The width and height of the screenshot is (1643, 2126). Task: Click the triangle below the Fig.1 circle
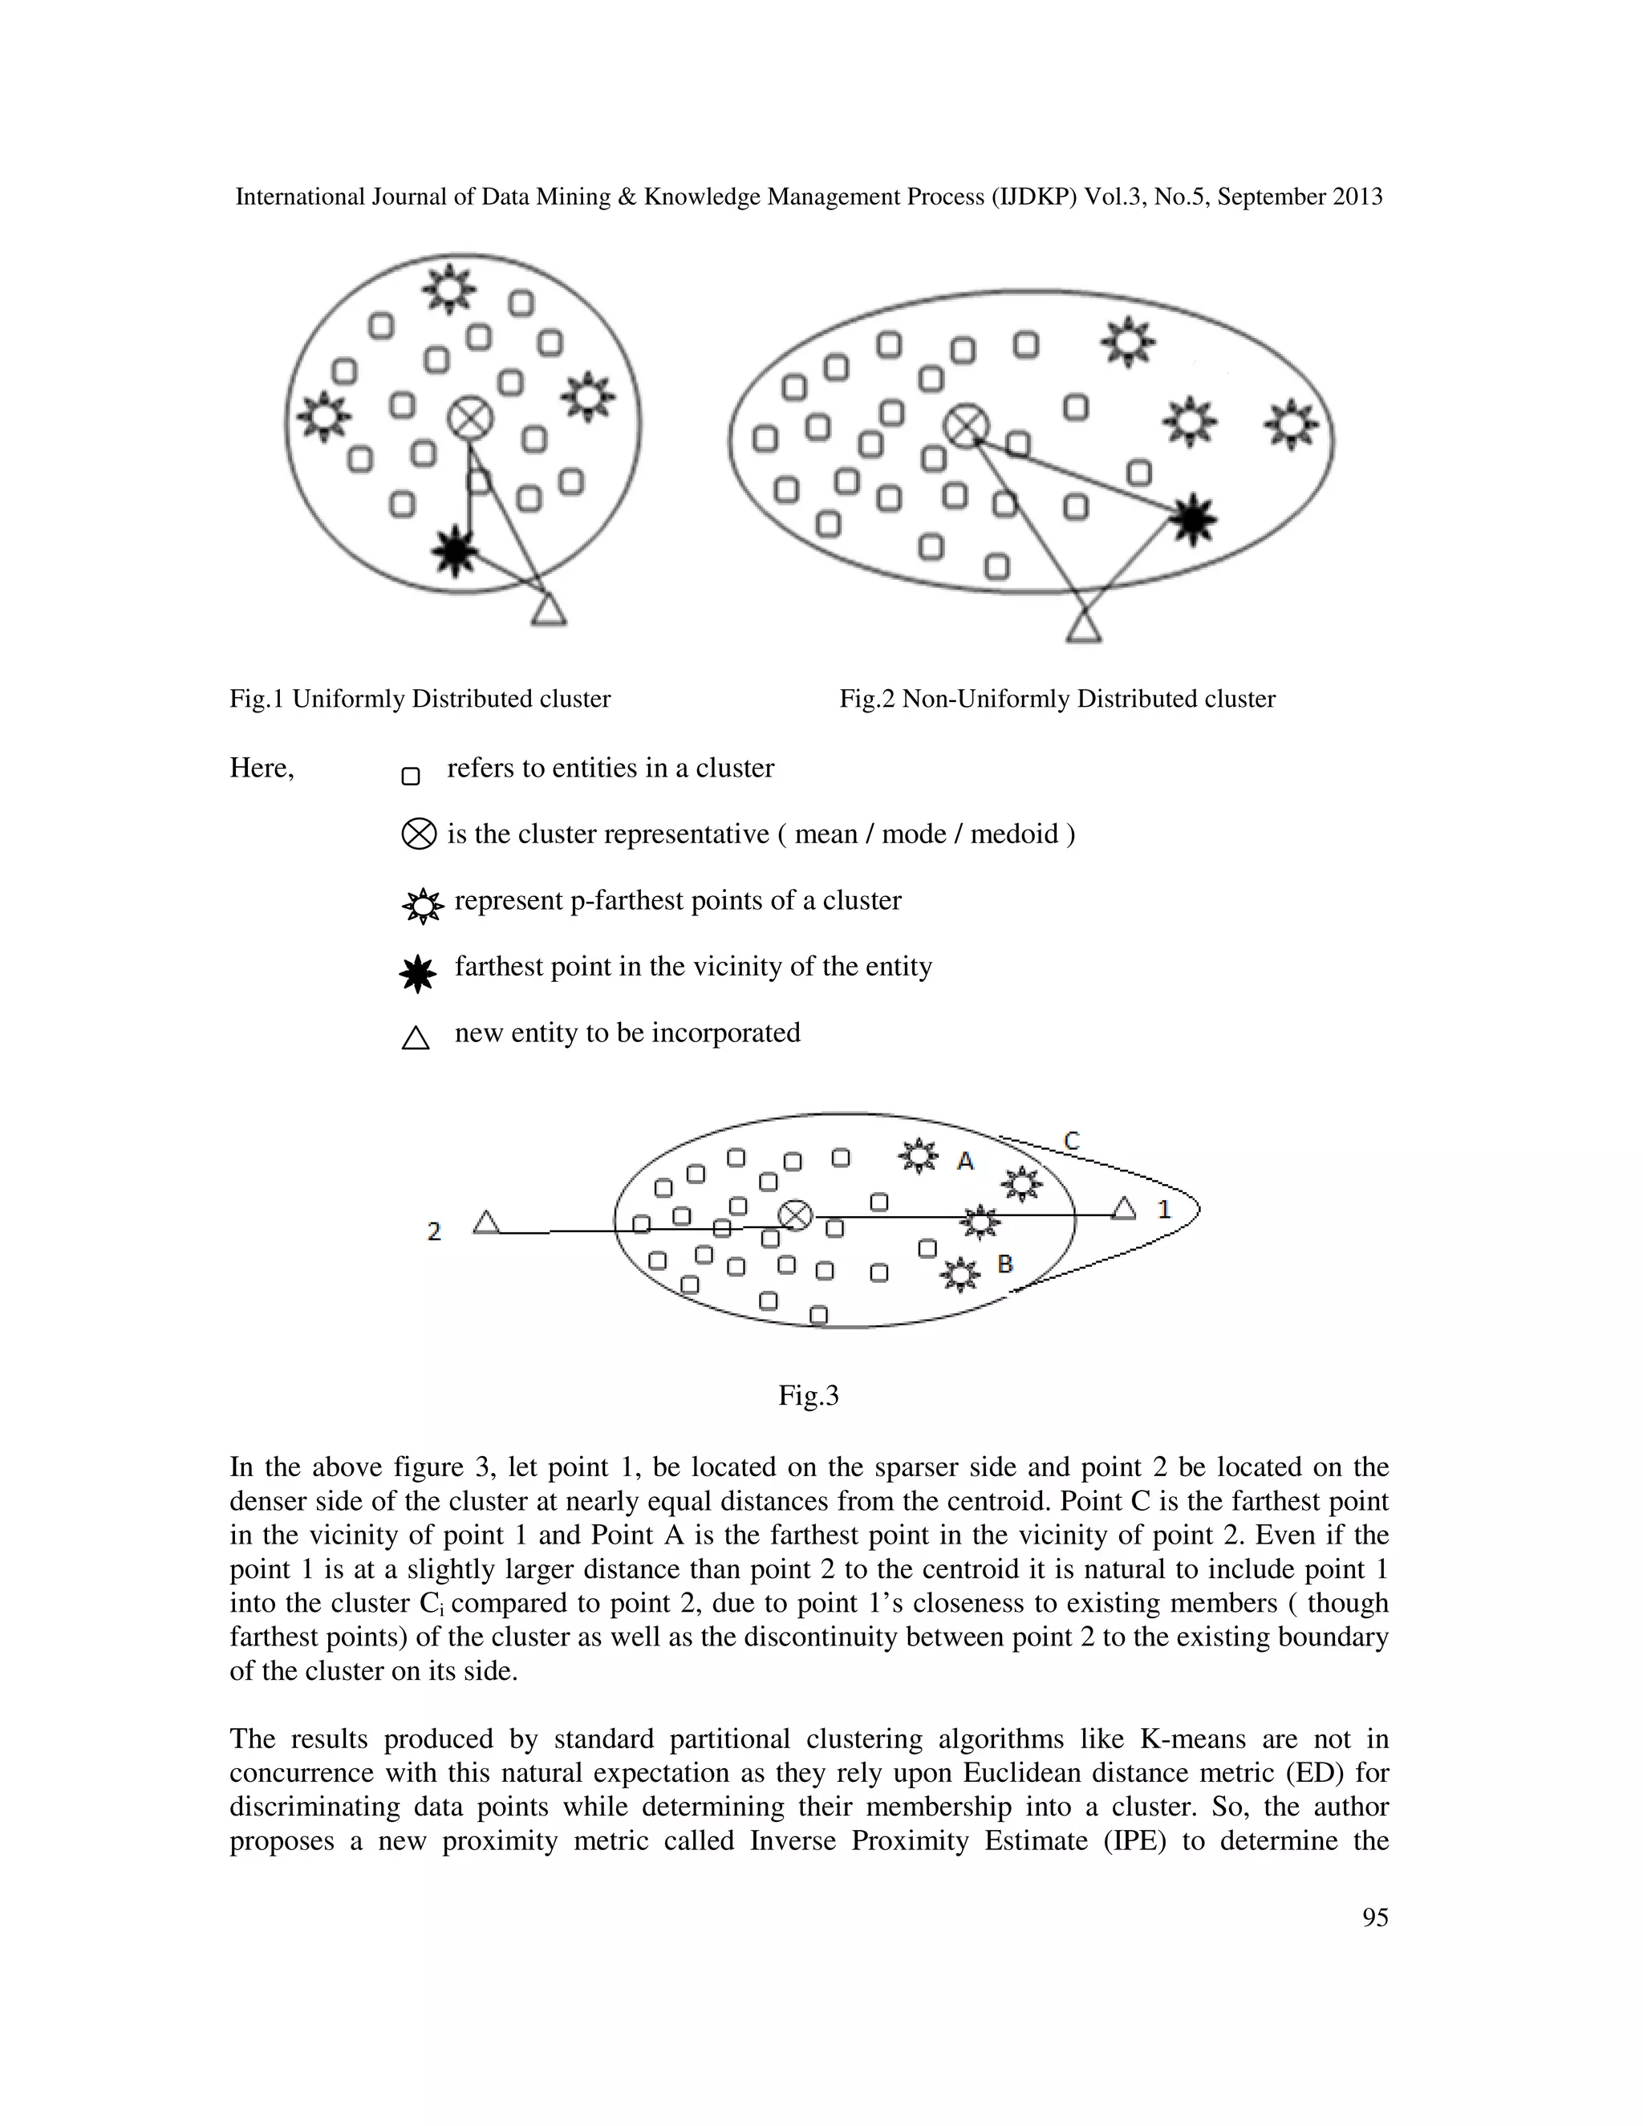[x=549, y=611]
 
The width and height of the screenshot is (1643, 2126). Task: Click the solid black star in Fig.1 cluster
[x=455, y=551]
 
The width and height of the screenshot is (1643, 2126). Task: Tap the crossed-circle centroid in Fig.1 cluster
[x=470, y=420]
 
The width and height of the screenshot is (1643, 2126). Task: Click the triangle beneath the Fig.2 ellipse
[x=1083, y=626]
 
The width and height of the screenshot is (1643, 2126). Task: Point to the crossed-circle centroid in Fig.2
[x=967, y=426]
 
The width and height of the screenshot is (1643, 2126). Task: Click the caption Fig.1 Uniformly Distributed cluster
[x=420, y=699]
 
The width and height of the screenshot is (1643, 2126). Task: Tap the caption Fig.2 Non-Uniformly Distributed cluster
[x=1057, y=699]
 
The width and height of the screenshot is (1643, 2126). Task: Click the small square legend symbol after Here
[x=411, y=776]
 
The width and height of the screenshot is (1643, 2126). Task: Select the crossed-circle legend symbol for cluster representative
[x=419, y=834]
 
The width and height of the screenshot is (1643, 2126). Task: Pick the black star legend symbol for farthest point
[x=419, y=973]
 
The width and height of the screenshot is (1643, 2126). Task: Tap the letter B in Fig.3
[x=1005, y=1264]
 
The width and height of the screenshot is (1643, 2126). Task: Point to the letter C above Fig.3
[x=1071, y=1140]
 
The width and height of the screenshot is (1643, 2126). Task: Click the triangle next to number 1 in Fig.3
[x=1124, y=1209]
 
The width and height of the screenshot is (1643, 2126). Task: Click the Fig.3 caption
[x=808, y=1396]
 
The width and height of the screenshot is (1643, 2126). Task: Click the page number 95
[x=1374, y=1917]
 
